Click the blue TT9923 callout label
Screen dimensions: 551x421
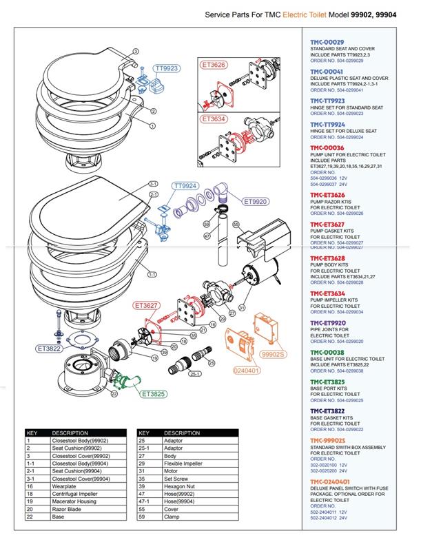tap(167, 69)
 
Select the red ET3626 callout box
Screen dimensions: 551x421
tap(214, 65)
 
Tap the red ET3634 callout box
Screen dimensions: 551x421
tap(214, 118)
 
